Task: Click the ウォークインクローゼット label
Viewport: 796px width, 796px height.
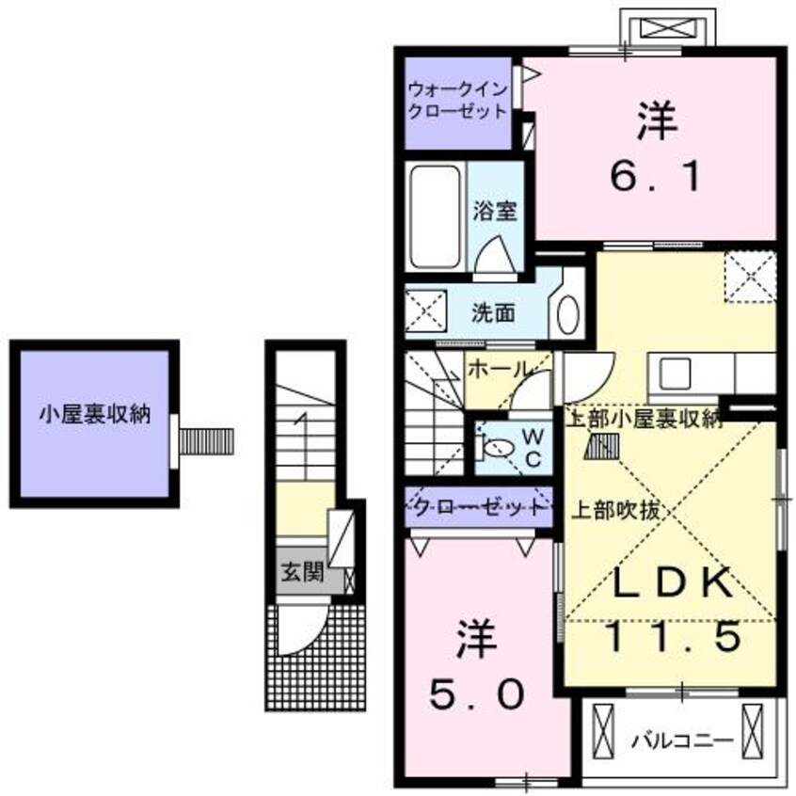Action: pyautogui.click(x=457, y=101)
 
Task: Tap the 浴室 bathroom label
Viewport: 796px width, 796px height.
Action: pyautogui.click(x=494, y=212)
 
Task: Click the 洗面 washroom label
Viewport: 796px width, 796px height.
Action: pyautogui.click(x=492, y=312)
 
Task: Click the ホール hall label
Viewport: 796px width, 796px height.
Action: pyautogui.click(x=498, y=370)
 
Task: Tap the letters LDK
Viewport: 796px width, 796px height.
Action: pyautogui.click(x=671, y=584)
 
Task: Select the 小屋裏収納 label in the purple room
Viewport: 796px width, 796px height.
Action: pyautogui.click(x=94, y=415)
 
